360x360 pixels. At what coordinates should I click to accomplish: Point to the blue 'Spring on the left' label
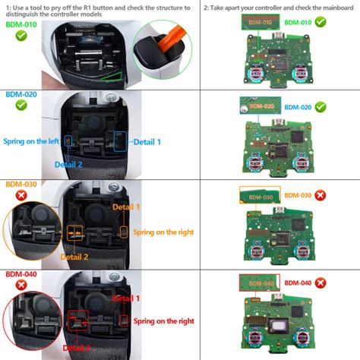click(x=30, y=140)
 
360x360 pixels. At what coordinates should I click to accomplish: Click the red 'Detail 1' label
click(x=126, y=298)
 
